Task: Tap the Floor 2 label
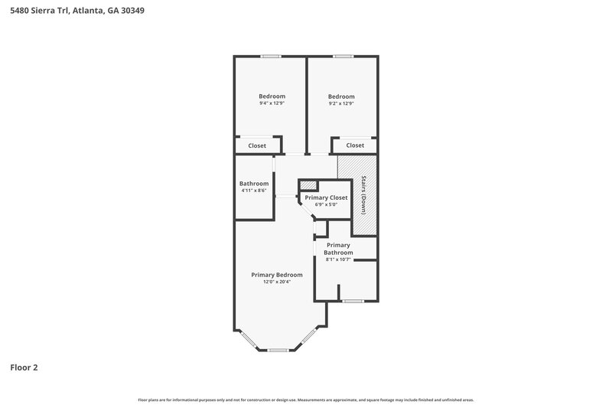[x=24, y=367]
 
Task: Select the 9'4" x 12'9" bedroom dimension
[x=272, y=103]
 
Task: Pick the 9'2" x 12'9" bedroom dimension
[x=341, y=103]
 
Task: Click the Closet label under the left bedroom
[x=257, y=145]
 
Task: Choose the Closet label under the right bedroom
[x=355, y=145]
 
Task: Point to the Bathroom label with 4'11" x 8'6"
[x=254, y=184]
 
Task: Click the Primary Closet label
[x=326, y=197]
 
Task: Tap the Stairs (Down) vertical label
[x=363, y=195]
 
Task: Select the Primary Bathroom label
[x=338, y=249]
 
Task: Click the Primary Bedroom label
[x=277, y=275]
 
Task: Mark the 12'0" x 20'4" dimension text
[x=277, y=282]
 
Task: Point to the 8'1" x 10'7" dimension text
[x=338, y=259]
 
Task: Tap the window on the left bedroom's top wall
[x=270, y=56]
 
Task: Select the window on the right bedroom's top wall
[x=342, y=56]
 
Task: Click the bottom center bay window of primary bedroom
[x=278, y=350]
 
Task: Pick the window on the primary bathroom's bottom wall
[x=352, y=301]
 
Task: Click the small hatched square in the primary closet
[x=308, y=184]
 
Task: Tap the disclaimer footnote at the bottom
[x=306, y=400]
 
